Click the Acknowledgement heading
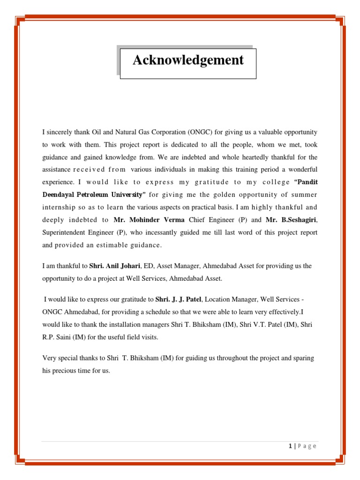coord(188,60)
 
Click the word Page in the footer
coord(307,446)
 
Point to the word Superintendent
coord(63,232)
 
